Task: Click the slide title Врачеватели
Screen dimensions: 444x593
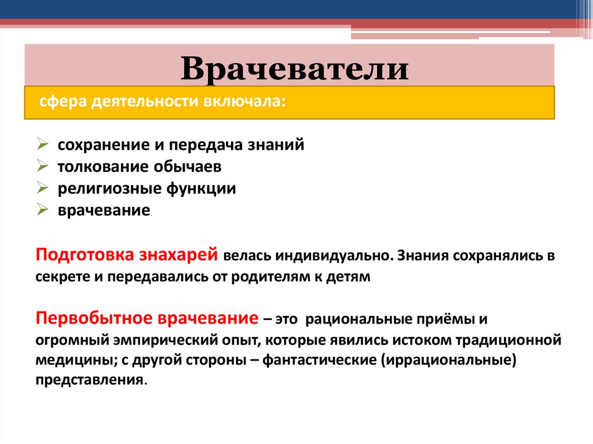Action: pyautogui.click(x=295, y=69)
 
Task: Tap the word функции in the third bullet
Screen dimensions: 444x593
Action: pyautogui.click(x=202, y=189)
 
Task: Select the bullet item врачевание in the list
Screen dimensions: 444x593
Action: pyautogui.click(x=104, y=210)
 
